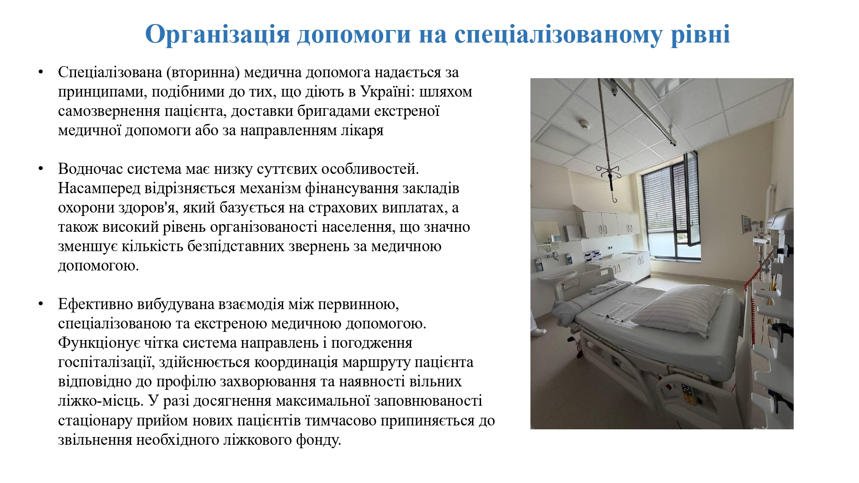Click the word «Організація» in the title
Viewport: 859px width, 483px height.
click(218, 34)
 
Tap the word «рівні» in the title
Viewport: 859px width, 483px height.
click(701, 34)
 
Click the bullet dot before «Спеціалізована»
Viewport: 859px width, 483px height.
click(41, 72)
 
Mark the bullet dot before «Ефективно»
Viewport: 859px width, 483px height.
click(41, 304)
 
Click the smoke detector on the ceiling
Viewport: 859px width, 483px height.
click(584, 125)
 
